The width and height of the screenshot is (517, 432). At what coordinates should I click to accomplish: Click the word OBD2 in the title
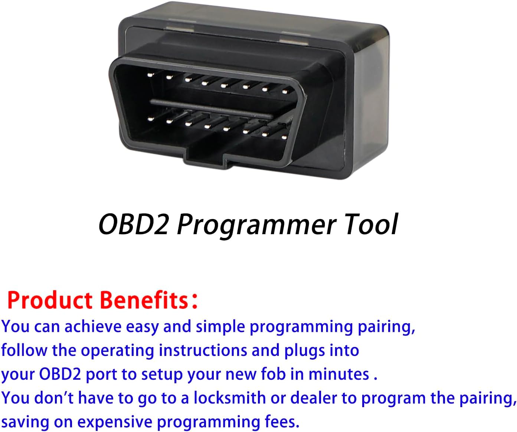133,224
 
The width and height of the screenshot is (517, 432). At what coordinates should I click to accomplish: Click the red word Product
50,300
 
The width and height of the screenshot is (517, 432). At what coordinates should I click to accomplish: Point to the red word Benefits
144,300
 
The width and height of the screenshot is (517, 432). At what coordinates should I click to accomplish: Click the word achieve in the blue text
93,327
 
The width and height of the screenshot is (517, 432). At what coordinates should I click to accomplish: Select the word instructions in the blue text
203,351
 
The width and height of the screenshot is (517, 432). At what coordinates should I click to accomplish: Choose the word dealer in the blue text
313,398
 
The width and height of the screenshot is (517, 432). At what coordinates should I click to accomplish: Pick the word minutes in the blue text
338,374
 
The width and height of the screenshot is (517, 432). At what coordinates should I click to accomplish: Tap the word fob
274,374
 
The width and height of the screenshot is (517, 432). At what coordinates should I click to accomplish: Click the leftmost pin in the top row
150,74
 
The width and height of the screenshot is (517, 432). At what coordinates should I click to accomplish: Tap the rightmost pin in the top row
285,92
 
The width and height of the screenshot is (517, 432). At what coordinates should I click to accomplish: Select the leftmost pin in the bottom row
150,119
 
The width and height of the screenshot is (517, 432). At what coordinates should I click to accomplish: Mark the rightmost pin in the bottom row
285,137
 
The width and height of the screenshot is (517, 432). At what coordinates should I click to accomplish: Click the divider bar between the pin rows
211,109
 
